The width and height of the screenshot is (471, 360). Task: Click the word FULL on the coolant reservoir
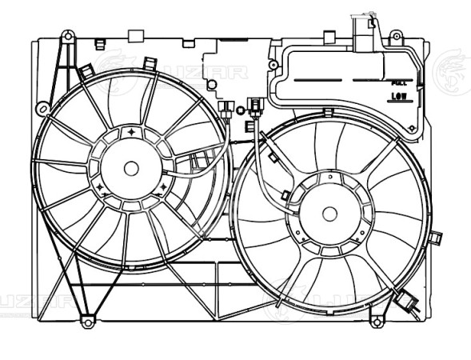(397, 82)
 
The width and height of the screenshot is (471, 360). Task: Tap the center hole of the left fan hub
(132, 168)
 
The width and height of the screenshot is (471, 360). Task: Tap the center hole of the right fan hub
(329, 213)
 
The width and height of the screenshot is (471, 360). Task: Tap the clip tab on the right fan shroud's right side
(437, 237)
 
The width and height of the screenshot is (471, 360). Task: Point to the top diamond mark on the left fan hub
(132, 130)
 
